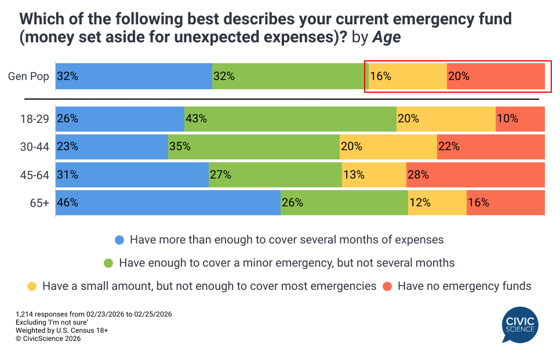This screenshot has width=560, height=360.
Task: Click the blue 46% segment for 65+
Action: [x=168, y=203]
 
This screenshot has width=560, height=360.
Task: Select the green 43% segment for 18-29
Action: [x=290, y=119]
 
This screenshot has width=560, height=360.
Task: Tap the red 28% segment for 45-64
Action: [x=475, y=174]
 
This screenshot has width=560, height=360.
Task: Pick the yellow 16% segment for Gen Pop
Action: [x=408, y=76]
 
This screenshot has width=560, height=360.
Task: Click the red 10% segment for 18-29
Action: [x=520, y=119]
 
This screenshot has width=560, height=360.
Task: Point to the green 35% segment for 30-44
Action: [x=253, y=147]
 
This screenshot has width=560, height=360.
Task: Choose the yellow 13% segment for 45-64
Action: [x=374, y=174]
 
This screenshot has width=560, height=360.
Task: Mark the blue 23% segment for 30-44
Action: [x=112, y=147]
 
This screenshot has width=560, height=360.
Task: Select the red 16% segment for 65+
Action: [x=506, y=203]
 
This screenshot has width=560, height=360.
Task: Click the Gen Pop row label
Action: [x=28, y=77]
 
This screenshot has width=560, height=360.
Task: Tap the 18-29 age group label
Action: [x=35, y=119]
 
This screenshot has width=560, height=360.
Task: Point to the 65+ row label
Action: [x=39, y=203]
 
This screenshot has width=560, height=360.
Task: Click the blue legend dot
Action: [x=120, y=239]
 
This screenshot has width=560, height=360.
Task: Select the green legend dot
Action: [x=108, y=263]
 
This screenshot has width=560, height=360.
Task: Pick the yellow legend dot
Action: [x=32, y=286]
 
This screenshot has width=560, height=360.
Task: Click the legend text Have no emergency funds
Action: [x=464, y=286]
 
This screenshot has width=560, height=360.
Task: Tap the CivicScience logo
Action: [x=520, y=325]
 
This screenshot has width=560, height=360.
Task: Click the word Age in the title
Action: [x=387, y=38]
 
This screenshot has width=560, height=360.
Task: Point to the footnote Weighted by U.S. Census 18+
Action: [x=62, y=330]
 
